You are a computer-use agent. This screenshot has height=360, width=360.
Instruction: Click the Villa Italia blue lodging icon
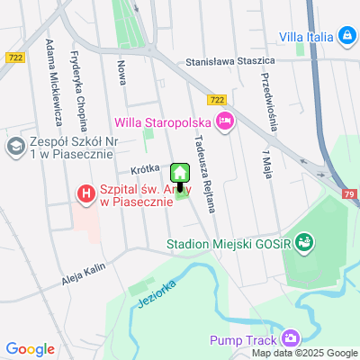click(x=346, y=35)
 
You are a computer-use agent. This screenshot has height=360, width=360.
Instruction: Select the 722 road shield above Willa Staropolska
click(x=216, y=101)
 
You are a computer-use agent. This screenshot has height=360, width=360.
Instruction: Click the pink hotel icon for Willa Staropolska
click(x=224, y=120)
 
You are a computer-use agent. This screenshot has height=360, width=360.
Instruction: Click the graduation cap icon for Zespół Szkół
click(x=15, y=145)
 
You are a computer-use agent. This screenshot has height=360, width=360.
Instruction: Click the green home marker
click(x=180, y=173)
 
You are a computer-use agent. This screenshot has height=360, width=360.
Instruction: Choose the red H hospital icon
click(x=85, y=193)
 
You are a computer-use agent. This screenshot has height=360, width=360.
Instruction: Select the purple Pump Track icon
click(x=290, y=339)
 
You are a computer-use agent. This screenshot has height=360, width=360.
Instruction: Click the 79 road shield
click(x=350, y=193)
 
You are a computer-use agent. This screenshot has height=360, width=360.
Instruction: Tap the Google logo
click(x=30, y=348)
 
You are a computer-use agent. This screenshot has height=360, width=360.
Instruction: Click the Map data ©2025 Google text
click(x=304, y=353)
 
